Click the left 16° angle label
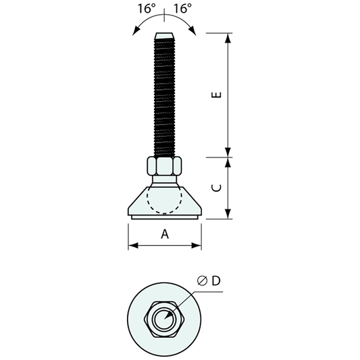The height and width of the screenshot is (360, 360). pyautogui.click(x=147, y=9)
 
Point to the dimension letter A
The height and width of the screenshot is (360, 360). pyautogui.click(x=164, y=234)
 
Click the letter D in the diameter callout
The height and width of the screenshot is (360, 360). pyautogui.click(x=215, y=281)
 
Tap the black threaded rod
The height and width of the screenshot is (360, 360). pyautogui.click(x=164, y=95)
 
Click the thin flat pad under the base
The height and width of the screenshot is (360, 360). pyautogui.click(x=164, y=217)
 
